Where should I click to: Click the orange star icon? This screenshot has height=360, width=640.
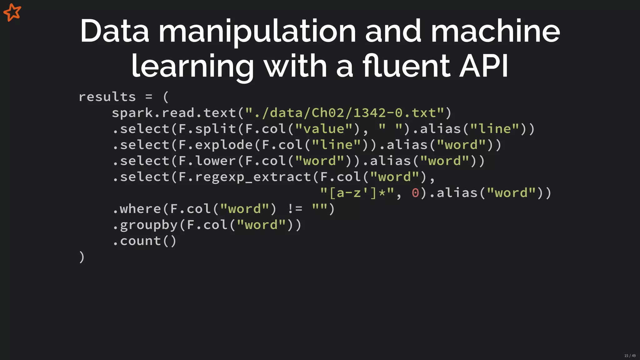[12, 12]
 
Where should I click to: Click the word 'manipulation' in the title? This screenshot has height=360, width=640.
[257, 31]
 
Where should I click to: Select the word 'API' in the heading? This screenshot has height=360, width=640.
[484, 66]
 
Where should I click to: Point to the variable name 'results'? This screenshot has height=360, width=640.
[107, 97]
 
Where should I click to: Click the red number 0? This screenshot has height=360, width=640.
[415, 193]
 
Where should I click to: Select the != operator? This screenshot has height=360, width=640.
[295, 209]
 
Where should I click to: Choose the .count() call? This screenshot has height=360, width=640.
[145, 241]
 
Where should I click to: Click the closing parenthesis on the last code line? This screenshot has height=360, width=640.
[82, 257]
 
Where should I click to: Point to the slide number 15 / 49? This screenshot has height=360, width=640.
[630, 356]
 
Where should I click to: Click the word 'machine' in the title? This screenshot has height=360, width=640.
[495, 31]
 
